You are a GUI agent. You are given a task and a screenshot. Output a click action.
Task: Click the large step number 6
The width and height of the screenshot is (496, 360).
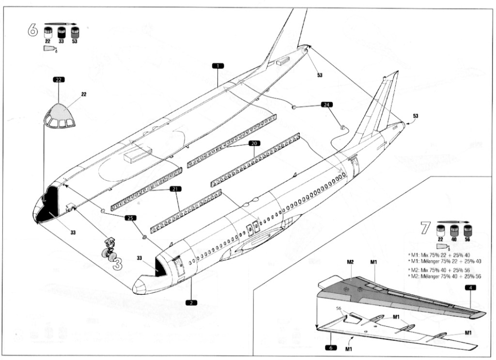tap(33, 31)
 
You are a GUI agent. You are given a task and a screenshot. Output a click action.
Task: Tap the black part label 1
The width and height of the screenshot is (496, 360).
tap(218, 66)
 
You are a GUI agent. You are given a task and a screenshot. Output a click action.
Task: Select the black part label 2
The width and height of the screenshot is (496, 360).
tap(191, 302)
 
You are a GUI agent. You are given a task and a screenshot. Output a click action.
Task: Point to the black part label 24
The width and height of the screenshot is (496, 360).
tap(327, 104)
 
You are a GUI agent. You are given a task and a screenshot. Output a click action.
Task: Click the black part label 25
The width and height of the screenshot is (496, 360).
tap(131, 218)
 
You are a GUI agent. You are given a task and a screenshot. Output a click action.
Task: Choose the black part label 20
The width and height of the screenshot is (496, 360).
tap(254, 143)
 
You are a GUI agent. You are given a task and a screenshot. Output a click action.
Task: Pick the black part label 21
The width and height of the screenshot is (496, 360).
tap(175, 189)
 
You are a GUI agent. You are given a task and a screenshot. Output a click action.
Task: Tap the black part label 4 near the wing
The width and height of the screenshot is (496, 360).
tap(470, 287)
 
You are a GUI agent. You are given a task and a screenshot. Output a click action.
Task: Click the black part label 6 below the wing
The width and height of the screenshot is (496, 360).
tap(331, 348)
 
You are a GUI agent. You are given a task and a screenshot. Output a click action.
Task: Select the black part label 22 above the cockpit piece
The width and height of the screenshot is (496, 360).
tap(59, 80)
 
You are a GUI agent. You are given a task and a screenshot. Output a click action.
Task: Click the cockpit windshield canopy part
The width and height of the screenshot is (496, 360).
tap(60, 116)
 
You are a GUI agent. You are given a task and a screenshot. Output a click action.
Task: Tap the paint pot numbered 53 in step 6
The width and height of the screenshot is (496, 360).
tap(75, 33)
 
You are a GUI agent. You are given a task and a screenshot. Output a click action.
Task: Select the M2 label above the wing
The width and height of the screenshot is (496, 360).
tap(350, 262)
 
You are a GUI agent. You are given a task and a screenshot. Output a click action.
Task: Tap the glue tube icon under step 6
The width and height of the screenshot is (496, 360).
tap(50, 49)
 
